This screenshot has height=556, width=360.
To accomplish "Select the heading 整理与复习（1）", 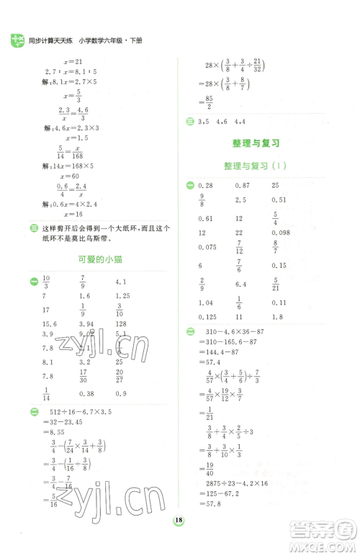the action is pos(257,166).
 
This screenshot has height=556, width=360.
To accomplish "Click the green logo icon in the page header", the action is pos(15,41).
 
